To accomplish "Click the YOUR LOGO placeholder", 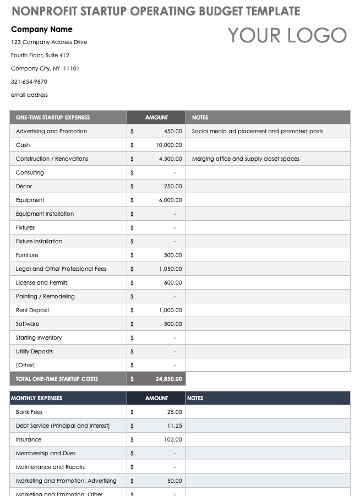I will coord(287,35).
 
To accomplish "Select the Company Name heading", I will coord(42,29).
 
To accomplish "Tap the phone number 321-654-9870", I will coord(29,81).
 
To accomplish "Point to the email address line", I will coord(29,95).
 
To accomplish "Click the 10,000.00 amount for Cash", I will coord(168,145).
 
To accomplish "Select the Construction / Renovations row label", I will coord(52,159).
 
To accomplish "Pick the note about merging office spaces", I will coord(246,159).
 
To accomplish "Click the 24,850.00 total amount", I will coord(168,379).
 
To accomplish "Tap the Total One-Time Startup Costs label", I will coord(57,379).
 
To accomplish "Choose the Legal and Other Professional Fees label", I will coord(61,269).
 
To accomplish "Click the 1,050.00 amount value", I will coord(171,269).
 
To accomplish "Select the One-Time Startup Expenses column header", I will coord(53,117).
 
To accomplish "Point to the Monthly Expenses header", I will coord(36,398).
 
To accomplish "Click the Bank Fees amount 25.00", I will coord(175,412).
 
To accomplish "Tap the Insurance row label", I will coord(29,439).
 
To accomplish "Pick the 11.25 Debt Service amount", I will coord(175,426).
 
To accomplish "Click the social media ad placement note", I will coord(258,131).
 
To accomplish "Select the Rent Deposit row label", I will coord(32,310).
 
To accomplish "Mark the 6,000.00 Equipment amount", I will coord(171,200).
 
